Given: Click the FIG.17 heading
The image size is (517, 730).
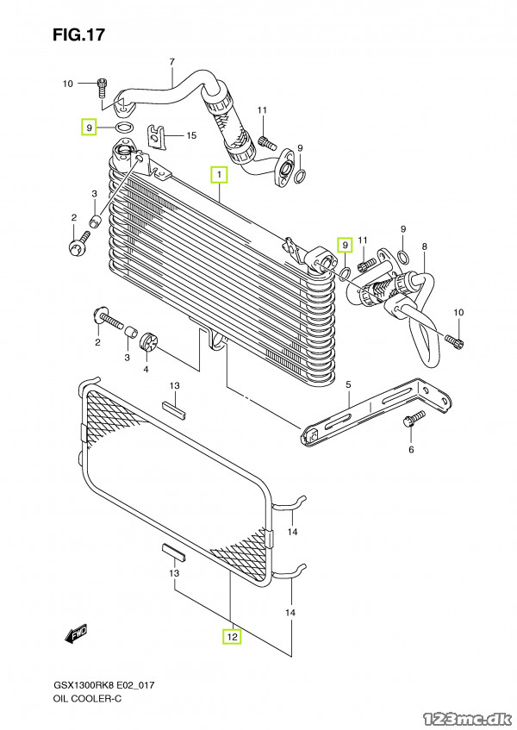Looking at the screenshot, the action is (x=78, y=35).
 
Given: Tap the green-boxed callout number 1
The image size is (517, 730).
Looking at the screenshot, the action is (x=219, y=174).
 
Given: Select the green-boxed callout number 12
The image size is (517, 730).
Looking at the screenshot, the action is (x=232, y=636).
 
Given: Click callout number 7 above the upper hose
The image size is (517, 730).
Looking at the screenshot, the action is (x=171, y=62).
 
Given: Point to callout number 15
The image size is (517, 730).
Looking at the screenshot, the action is (x=191, y=135).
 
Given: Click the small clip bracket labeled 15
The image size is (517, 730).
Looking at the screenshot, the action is (x=157, y=135).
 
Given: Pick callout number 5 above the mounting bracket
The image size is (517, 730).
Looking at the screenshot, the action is (x=348, y=384).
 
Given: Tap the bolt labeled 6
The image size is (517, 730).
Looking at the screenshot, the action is (x=414, y=418).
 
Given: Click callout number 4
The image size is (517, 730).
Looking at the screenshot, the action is (x=146, y=369).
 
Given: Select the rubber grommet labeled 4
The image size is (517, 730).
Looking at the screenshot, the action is (x=149, y=340).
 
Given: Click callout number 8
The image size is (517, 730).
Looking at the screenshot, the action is (x=424, y=246).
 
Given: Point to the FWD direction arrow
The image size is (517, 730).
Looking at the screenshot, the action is (x=77, y=634).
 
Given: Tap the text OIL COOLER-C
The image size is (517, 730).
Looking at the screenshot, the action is (x=88, y=698).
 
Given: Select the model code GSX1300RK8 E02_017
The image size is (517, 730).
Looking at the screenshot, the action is (x=103, y=685).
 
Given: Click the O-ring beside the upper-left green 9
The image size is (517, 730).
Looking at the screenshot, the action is (x=124, y=126).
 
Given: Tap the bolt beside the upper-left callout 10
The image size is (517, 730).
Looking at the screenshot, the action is (x=103, y=88).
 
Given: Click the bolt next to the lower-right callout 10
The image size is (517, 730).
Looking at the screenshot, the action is (x=455, y=341).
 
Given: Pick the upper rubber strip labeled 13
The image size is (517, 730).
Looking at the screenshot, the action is (x=174, y=409).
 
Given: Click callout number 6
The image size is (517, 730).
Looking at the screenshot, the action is (x=411, y=449).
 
